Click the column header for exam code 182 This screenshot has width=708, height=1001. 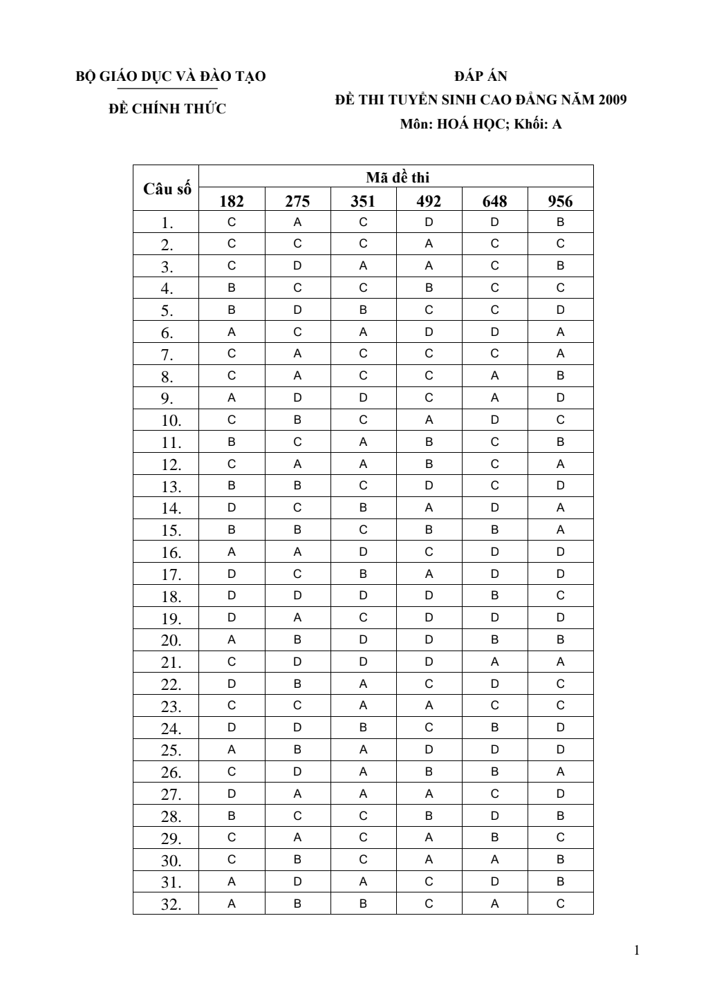[232, 201]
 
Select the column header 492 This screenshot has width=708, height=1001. [429, 201]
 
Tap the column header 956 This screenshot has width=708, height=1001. [560, 201]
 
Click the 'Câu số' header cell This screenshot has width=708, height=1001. [167, 189]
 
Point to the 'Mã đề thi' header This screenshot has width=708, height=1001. [397, 178]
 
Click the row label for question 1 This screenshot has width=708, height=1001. [167, 223]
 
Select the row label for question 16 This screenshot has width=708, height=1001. [171, 552]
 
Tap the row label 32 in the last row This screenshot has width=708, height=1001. [171, 904]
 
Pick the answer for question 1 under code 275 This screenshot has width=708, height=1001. [297, 222]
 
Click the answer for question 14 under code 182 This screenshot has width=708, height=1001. [232, 507]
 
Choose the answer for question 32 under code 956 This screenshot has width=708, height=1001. [560, 904]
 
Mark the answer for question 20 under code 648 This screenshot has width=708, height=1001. [494, 639]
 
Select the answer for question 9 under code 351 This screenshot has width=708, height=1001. [363, 397]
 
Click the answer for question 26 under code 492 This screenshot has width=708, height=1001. [429, 771]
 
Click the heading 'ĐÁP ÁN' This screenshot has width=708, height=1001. [481, 76]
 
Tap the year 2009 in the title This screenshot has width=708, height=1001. [613, 100]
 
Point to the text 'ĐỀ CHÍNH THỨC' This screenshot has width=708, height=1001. [168, 109]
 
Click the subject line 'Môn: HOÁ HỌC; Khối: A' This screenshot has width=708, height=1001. [481, 124]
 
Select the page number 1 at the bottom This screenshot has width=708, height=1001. [637, 950]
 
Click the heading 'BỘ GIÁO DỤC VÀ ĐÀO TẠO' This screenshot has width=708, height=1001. [170, 76]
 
